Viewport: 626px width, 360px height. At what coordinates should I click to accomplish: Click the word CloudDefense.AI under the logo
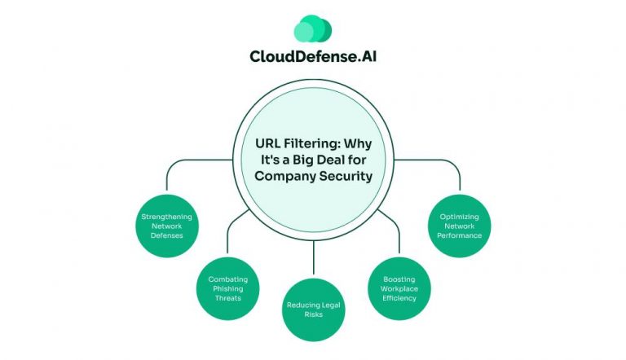click(312, 57)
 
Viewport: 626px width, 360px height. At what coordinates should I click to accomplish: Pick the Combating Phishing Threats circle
click(227, 286)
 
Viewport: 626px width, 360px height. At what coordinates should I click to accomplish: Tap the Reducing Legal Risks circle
click(313, 310)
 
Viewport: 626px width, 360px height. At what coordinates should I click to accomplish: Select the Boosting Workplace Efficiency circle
click(399, 286)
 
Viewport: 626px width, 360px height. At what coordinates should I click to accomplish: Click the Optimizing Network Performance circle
click(460, 224)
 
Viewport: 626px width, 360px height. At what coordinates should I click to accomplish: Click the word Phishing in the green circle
click(228, 288)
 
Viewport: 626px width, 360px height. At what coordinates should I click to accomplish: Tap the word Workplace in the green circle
click(399, 288)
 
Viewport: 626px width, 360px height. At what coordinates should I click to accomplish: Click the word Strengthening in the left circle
click(166, 217)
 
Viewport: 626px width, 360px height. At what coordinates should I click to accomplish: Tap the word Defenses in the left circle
click(166, 235)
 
